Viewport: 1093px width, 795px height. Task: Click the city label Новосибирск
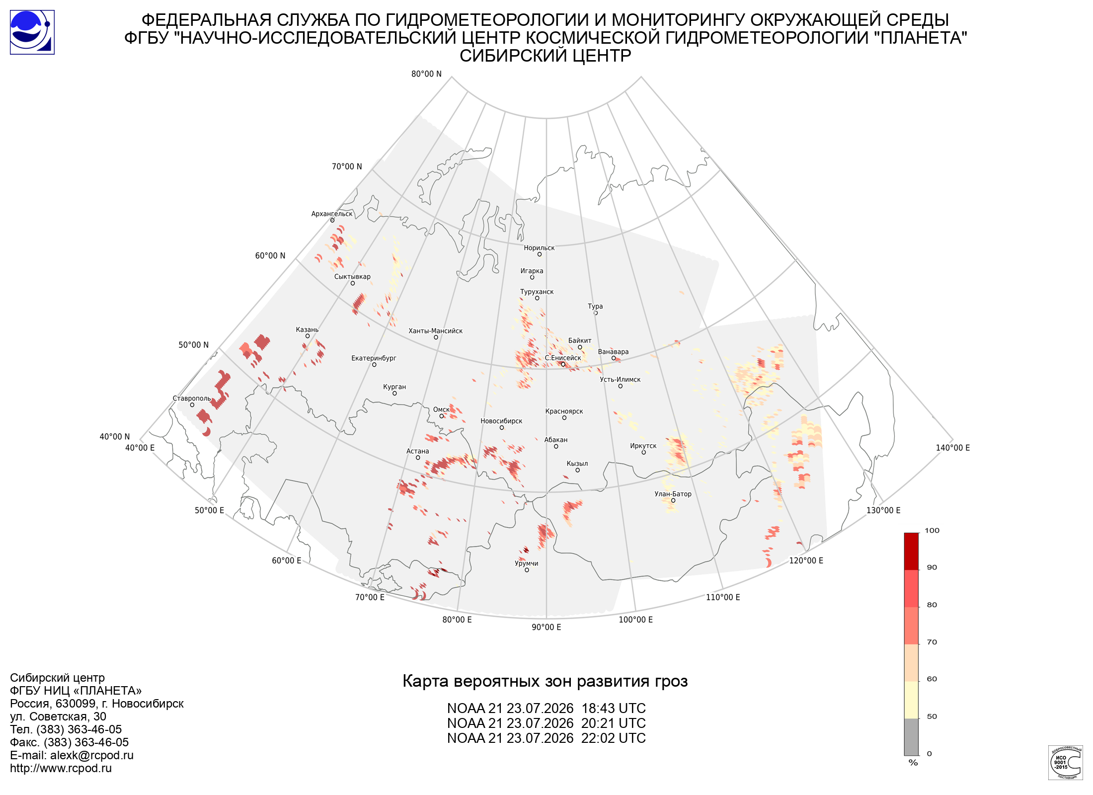pyautogui.click(x=501, y=421)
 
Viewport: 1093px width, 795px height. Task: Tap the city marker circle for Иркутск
pyautogui.click(x=643, y=453)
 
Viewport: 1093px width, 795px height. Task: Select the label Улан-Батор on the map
pyautogui.click(x=673, y=494)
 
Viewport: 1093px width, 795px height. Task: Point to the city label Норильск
pyautogui.click(x=539, y=248)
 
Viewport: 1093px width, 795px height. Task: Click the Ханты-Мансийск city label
pyautogui.click(x=435, y=331)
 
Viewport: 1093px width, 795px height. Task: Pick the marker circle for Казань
pyautogui.click(x=308, y=336)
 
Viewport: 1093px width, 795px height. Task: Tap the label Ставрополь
pyautogui.click(x=192, y=398)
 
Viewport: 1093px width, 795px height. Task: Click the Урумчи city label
pyautogui.click(x=527, y=563)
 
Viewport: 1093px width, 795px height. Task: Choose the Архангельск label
pyautogui.click(x=332, y=214)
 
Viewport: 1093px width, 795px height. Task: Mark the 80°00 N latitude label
pyautogui.click(x=426, y=74)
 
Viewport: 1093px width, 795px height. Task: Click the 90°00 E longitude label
pyautogui.click(x=546, y=627)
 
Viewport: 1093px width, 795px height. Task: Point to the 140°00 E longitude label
pyautogui.click(x=953, y=448)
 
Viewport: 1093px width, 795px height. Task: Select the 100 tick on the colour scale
pyautogui.click(x=932, y=531)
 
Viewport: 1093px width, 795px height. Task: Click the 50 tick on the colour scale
pyautogui.click(x=932, y=716)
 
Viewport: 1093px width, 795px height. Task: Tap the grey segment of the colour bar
pyautogui.click(x=911, y=737)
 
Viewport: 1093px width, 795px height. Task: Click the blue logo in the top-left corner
pyautogui.click(x=32, y=32)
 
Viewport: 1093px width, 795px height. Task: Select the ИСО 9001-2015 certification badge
pyautogui.click(x=1065, y=762)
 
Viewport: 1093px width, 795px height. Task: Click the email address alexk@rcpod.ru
pyautogui.click(x=92, y=755)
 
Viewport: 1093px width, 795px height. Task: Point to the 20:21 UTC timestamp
pyautogui.click(x=614, y=723)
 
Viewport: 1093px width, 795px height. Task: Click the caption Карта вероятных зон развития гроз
pyautogui.click(x=545, y=681)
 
